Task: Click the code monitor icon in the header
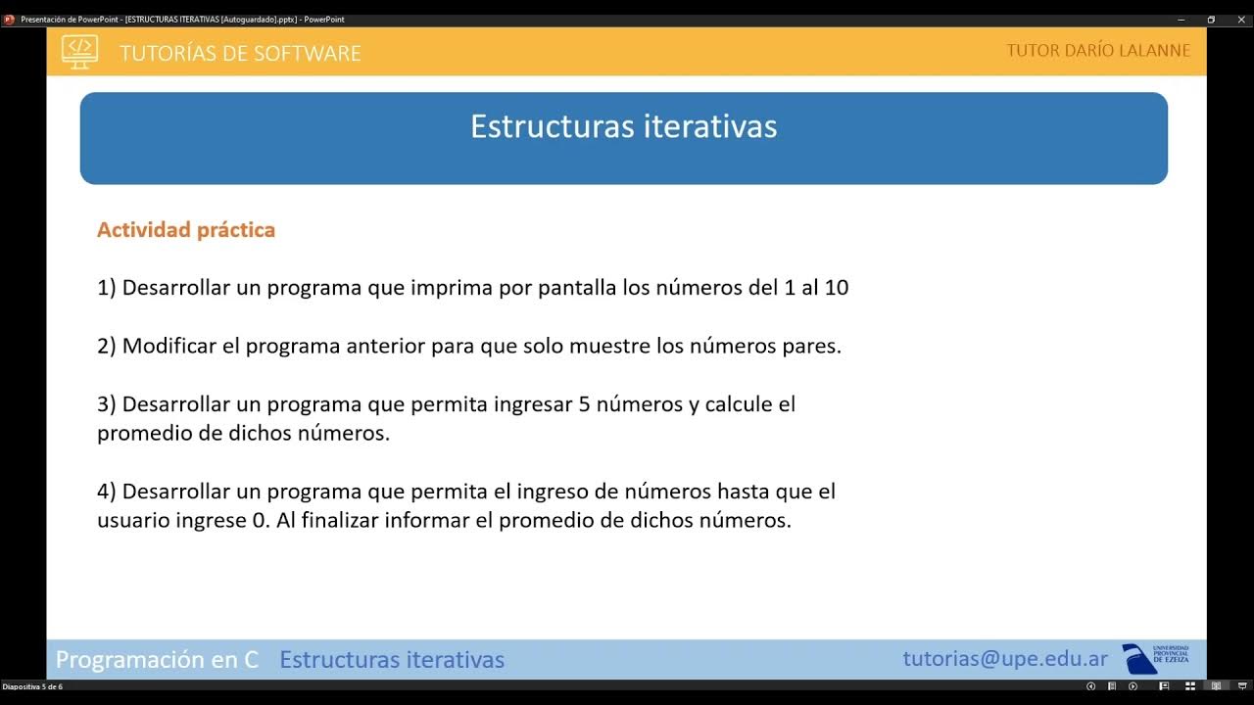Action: pyautogui.click(x=79, y=51)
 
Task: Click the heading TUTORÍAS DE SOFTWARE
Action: pyautogui.click(x=240, y=54)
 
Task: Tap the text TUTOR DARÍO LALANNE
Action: pyautogui.click(x=1098, y=51)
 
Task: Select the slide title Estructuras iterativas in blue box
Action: pyautogui.click(x=623, y=126)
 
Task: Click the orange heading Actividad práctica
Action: pyautogui.click(x=186, y=230)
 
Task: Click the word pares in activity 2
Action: pyautogui.click(x=813, y=347)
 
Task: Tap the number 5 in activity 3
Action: pyautogui.click(x=585, y=404)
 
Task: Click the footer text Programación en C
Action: pyautogui.click(x=157, y=660)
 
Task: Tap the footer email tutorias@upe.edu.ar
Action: pyautogui.click(x=1005, y=659)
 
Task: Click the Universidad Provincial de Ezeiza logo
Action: pyautogui.click(x=1156, y=658)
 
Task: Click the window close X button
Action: pyautogui.click(x=1240, y=20)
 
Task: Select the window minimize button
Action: pyautogui.click(x=1182, y=20)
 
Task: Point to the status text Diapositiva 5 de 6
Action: pyautogui.click(x=32, y=686)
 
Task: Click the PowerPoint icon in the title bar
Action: pyautogui.click(x=9, y=20)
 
